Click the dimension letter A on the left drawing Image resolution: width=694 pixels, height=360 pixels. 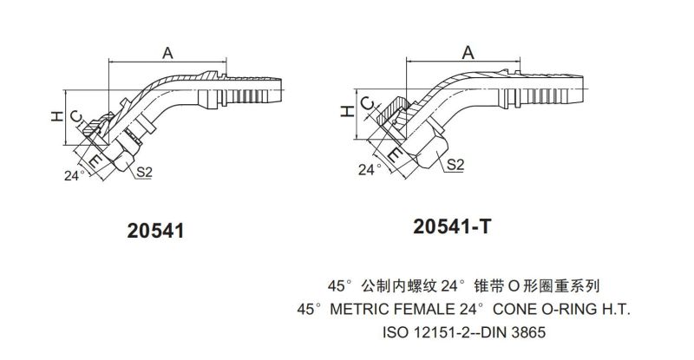[167, 53]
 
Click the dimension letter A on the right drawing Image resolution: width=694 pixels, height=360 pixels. [468, 53]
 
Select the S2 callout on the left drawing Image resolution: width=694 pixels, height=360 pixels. [145, 173]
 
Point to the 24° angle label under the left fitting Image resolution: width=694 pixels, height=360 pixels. [75, 174]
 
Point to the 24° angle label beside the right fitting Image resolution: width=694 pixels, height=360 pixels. [370, 168]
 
